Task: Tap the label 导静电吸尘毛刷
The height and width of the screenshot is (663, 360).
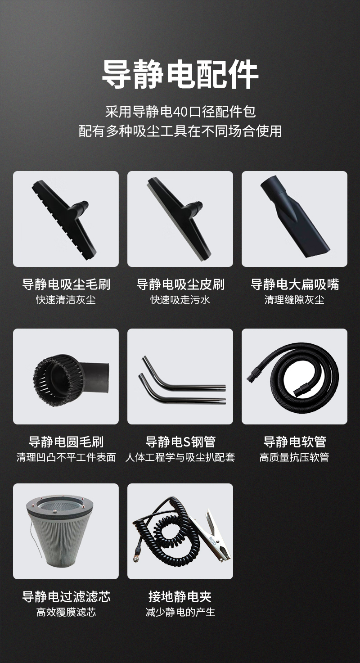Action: [x=66, y=284]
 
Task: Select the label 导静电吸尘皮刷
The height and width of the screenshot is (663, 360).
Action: [x=180, y=284]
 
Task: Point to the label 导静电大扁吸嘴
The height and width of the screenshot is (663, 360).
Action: [x=295, y=284]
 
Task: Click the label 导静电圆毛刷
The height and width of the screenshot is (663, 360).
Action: [x=66, y=442]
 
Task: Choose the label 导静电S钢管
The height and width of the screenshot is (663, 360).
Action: [x=180, y=442]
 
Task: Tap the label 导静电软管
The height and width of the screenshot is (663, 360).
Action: [x=295, y=442]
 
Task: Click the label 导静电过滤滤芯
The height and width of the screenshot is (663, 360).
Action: [x=66, y=596]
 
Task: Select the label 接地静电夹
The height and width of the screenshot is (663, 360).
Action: [x=180, y=596]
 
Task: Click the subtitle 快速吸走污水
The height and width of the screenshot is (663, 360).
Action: [x=180, y=300]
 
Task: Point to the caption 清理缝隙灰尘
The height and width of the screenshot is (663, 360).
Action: [x=295, y=300]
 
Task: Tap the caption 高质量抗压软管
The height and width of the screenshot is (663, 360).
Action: [x=295, y=457]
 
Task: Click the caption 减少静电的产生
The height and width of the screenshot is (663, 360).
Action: [x=180, y=612]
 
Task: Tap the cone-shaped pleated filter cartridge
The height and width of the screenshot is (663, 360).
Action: [x=62, y=530]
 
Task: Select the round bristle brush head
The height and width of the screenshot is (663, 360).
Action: [x=71, y=380]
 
